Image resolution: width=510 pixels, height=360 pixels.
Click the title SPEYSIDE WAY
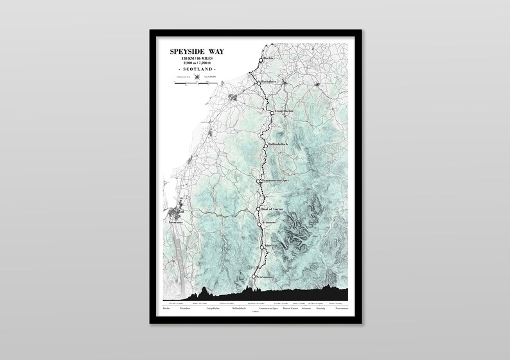[x=197, y=51]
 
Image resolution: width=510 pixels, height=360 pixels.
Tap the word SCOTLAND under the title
[x=197, y=69]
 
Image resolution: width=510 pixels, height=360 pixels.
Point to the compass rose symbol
[x=197, y=77]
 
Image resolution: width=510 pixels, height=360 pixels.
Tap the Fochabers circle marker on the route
[x=258, y=83]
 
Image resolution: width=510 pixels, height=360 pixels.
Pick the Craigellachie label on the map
[x=285, y=111]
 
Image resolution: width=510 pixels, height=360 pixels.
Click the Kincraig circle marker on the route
[x=262, y=246]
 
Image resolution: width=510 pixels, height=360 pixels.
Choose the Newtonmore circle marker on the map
[x=254, y=277]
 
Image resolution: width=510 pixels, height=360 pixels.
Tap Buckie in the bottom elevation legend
[x=166, y=309]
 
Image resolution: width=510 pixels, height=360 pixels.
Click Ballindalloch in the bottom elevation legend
[x=238, y=309]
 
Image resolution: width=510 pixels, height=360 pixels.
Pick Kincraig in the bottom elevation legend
[x=321, y=309]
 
